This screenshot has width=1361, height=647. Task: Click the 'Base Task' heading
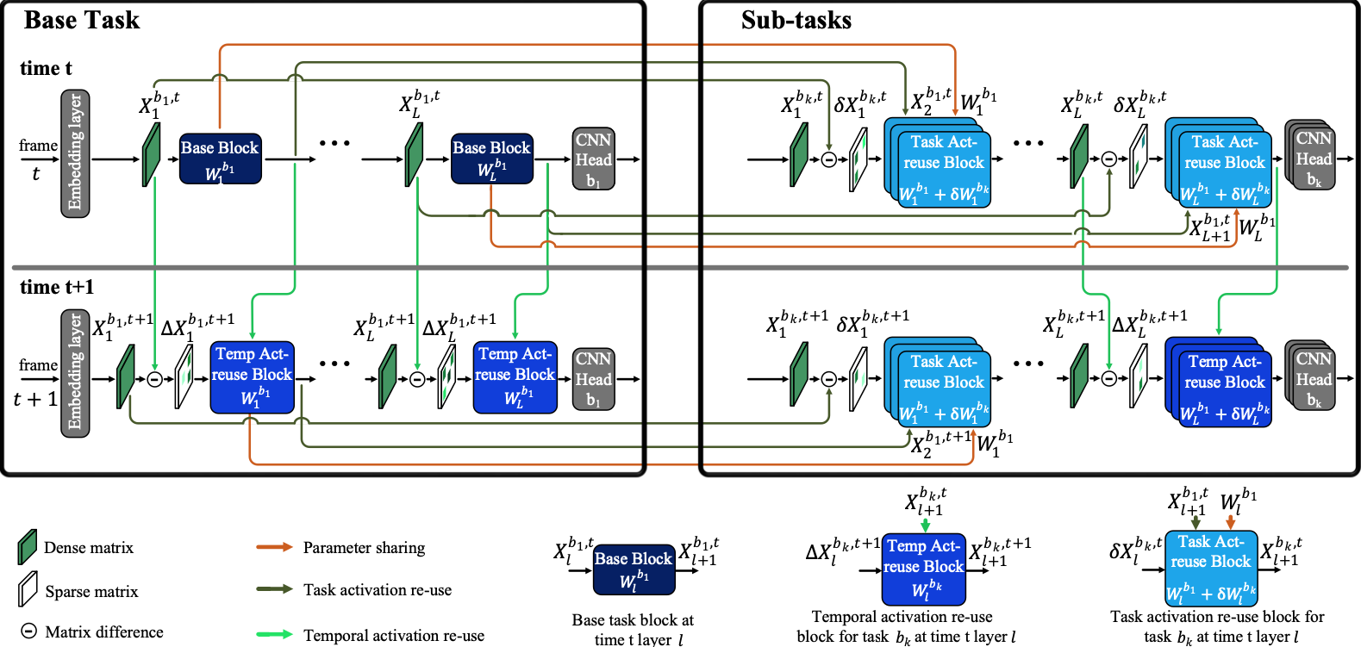click(x=82, y=20)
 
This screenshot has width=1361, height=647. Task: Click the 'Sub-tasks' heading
click(x=796, y=20)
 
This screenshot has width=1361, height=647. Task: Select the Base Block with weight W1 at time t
click(x=220, y=159)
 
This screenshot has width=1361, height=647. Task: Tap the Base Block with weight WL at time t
click(x=491, y=159)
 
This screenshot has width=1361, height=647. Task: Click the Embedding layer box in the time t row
click(x=75, y=153)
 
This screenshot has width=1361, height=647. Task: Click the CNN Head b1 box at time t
click(x=593, y=159)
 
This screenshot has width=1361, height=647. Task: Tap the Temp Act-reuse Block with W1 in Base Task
click(x=252, y=376)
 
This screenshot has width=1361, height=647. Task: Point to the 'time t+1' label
click(x=57, y=287)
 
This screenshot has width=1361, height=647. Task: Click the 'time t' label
click(x=46, y=68)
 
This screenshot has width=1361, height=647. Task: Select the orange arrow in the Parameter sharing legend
click(x=274, y=547)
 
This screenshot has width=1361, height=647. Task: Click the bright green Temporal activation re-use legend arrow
click(x=274, y=635)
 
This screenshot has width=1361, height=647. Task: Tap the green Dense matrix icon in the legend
click(x=28, y=547)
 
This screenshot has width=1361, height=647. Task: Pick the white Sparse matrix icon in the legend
click(x=28, y=590)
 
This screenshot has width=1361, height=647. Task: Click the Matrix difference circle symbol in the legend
click(x=28, y=631)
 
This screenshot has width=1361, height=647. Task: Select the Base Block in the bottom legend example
click(x=633, y=569)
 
